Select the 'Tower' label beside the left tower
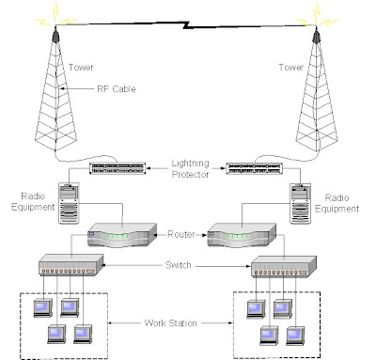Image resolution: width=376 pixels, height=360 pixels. pos(81,68)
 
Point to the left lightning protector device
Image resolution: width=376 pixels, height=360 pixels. pos(117,168)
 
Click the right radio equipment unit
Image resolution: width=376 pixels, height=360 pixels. pos(298,204)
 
